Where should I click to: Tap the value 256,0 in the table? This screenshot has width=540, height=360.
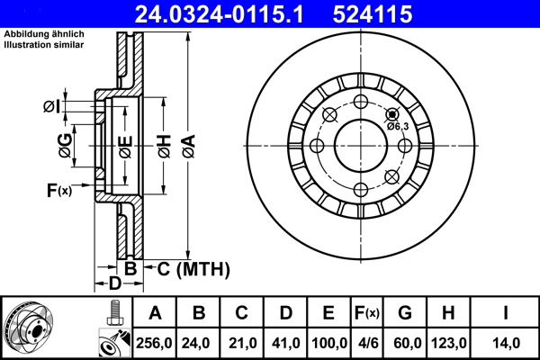(x=155, y=343)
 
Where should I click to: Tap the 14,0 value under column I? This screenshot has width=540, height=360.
(x=506, y=343)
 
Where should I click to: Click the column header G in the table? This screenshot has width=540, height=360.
(x=406, y=313)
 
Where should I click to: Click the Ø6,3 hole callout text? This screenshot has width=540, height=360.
(x=398, y=127)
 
